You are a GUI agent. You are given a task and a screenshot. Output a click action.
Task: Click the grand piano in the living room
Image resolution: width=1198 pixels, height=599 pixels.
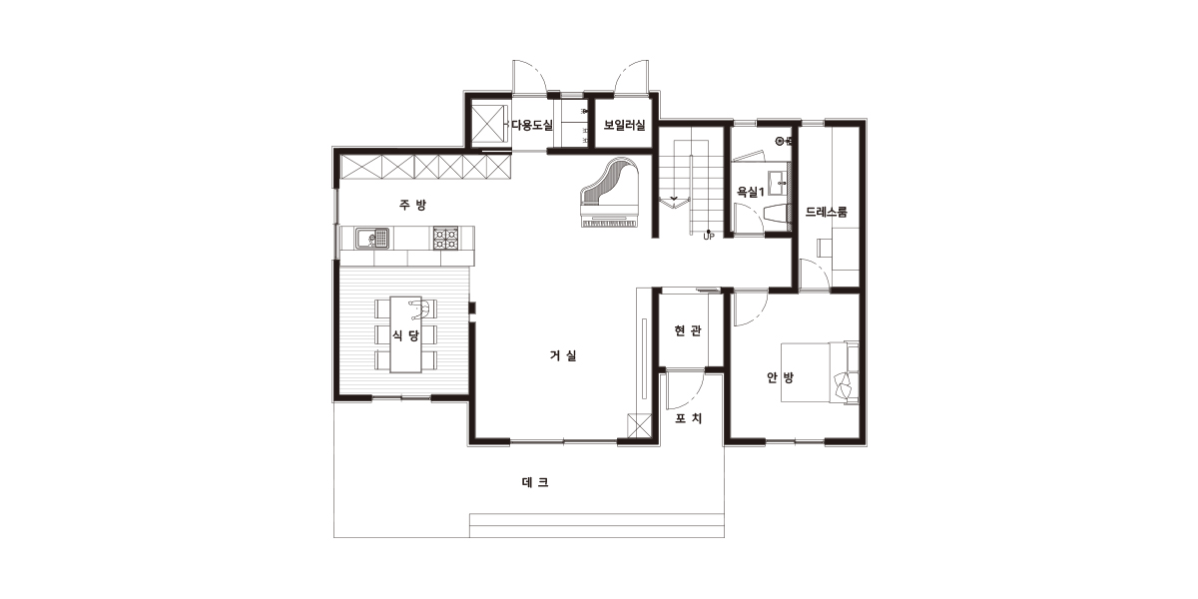(610, 193)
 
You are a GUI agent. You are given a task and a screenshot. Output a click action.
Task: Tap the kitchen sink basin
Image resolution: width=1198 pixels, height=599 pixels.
(371, 238)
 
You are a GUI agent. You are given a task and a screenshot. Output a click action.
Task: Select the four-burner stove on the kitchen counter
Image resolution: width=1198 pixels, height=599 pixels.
(445, 238)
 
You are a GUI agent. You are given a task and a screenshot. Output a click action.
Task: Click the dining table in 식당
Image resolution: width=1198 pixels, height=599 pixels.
(405, 334)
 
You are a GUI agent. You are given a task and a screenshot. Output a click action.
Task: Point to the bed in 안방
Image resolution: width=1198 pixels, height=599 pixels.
(820, 372)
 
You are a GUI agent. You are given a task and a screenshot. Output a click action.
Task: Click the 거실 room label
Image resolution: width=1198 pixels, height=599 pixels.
(563, 355)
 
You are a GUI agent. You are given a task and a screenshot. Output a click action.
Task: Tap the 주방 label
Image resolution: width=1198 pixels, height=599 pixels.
(413, 205)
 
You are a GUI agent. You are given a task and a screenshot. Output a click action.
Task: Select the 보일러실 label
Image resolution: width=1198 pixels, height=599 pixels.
(624, 125)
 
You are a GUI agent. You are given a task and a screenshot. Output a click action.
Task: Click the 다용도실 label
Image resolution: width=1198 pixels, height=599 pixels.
(532, 125)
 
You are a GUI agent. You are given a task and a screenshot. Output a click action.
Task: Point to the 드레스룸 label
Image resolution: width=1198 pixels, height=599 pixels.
(827, 213)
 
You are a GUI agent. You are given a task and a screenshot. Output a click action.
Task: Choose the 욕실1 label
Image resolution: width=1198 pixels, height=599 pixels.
(751, 192)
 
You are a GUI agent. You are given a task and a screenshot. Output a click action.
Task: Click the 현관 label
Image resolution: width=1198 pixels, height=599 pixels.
(688, 331)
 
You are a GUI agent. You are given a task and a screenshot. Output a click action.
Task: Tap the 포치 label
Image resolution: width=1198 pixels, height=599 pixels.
(688, 418)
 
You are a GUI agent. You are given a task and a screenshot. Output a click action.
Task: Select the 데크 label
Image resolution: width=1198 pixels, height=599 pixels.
(535, 482)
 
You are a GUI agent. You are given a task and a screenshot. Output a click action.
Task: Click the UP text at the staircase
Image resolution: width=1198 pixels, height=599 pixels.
(709, 237)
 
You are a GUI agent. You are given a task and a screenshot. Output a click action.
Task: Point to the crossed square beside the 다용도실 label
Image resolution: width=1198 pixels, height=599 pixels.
(489, 124)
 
